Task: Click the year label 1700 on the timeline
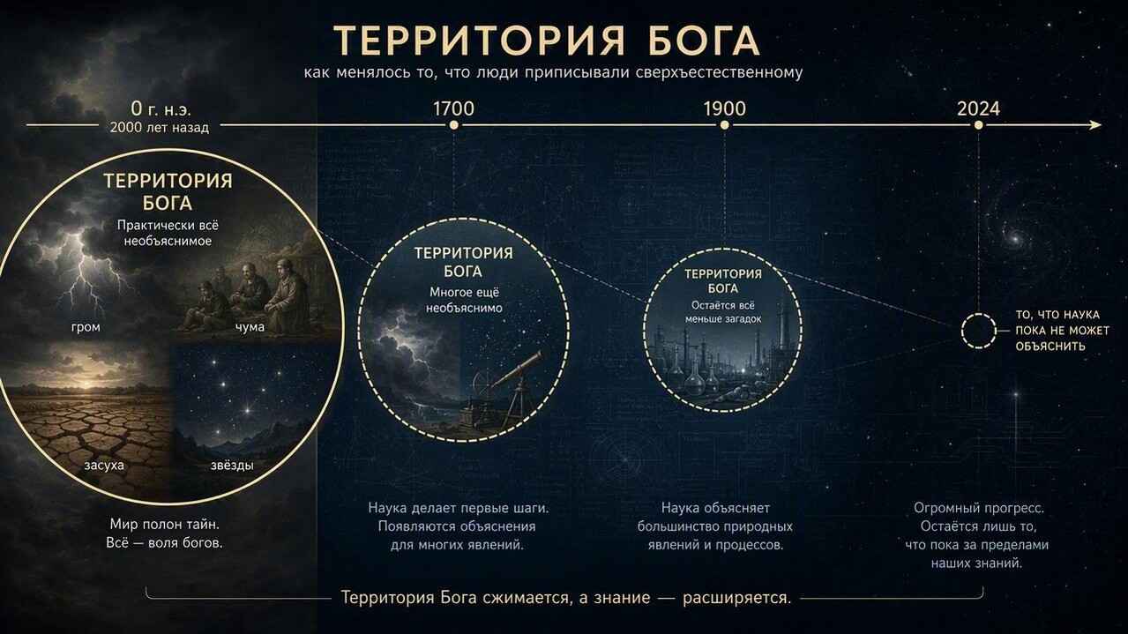[453, 108]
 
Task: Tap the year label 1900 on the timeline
[724, 108]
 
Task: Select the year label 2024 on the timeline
[978, 108]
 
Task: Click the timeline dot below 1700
[453, 125]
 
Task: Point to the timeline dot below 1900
[724, 125]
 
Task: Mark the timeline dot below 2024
[978, 125]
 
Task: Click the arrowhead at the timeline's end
[1095, 125]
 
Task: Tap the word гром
[86, 327]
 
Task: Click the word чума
[250, 327]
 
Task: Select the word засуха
[104, 465]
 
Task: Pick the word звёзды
[232, 465]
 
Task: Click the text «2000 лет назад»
[159, 127]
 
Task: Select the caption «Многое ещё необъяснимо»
[464, 300]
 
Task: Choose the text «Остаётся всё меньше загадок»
[723, 312]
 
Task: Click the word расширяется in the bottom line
[736, 598]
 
